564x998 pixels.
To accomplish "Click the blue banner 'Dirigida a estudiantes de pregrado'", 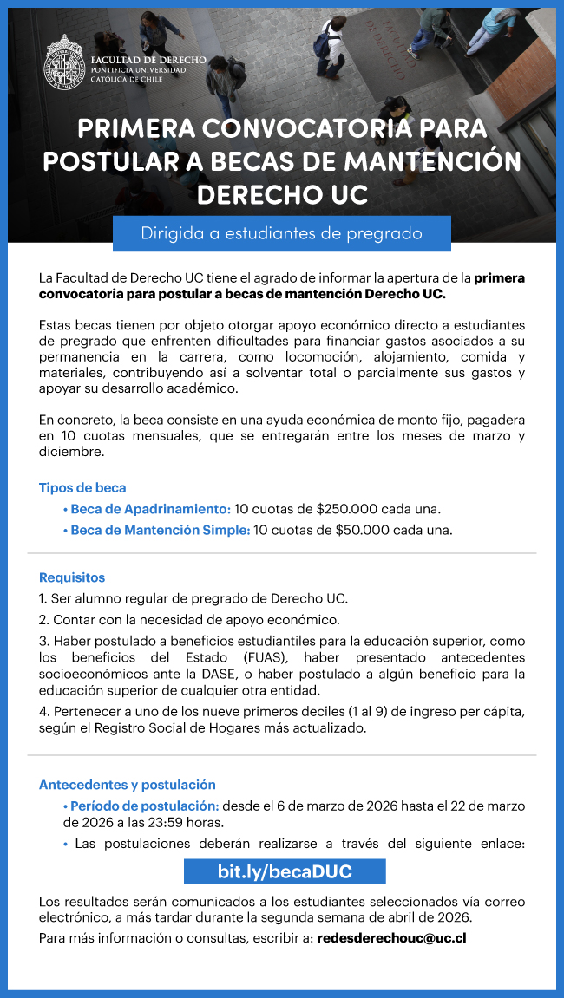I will coord(281,233).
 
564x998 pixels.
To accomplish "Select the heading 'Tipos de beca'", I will coord(82,487).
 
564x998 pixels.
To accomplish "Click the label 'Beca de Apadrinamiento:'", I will coord(150,509).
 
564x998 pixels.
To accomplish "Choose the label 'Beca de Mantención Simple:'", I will coord(160,530).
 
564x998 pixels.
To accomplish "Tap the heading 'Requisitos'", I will coord(72,577).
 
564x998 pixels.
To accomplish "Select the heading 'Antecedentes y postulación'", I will coord(128,785).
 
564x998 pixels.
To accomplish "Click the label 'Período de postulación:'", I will coord(144,806).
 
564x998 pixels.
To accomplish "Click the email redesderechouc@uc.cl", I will coord(392,938).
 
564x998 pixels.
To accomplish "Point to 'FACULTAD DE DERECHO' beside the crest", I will coord(148,60).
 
